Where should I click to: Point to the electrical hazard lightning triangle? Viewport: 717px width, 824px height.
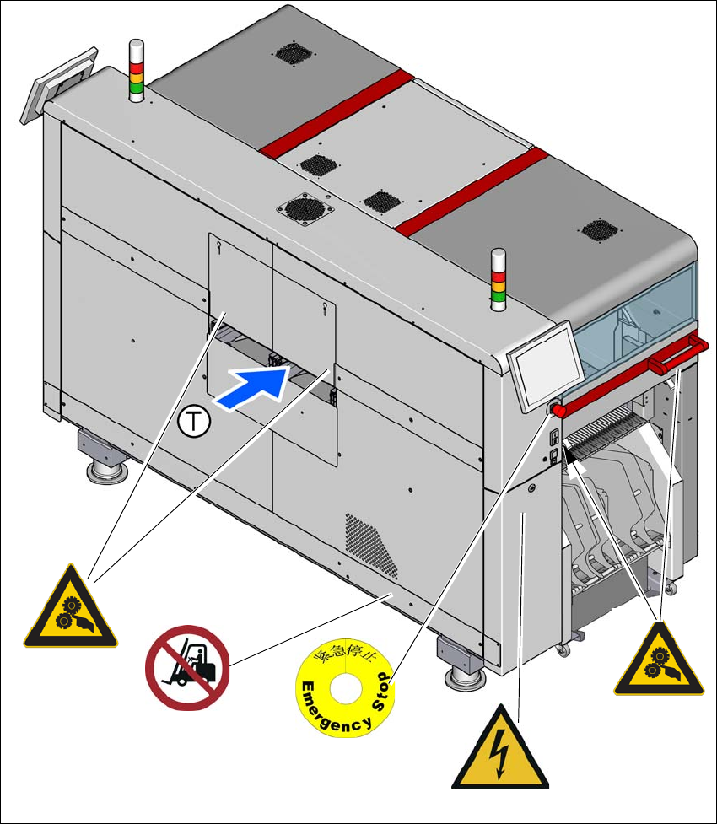click(x=499, y=747)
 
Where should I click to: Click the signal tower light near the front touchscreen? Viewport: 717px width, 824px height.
click(x=499, y=279)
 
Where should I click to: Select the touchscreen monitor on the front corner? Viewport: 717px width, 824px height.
click(x=537, y=377)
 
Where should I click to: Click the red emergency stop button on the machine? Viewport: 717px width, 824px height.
click(x=558, y=410)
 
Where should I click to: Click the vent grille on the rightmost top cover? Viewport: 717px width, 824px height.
click(x=600, y=229)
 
